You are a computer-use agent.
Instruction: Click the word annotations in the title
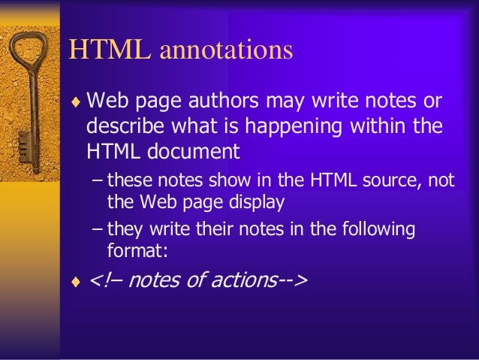(225, 50)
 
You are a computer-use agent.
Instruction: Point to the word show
(215, 180)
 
